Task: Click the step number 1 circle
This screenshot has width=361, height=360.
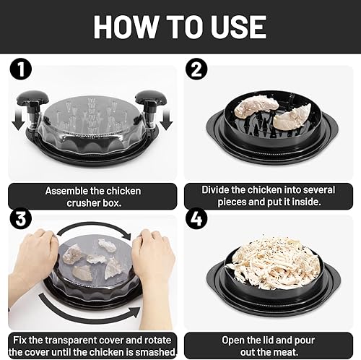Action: pyautogui.click(x=21, y=69)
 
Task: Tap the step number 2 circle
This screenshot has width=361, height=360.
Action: pyautogui.click(x=196, y=69)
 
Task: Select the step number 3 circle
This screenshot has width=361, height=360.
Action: pyautogui.click(x=21, y=218)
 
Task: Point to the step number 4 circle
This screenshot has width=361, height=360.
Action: pyautogui.click(x=196, y=218)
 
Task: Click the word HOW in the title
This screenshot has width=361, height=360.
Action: pyautogui.click(x=125, y=27)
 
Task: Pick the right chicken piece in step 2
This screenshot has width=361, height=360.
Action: pyautogui.click(x=292, y=117)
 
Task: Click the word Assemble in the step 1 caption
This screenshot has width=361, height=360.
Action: pyautogui.click(x=67, y=191)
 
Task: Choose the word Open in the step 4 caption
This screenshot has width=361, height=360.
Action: pyautogui.click(x=234, y=340)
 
